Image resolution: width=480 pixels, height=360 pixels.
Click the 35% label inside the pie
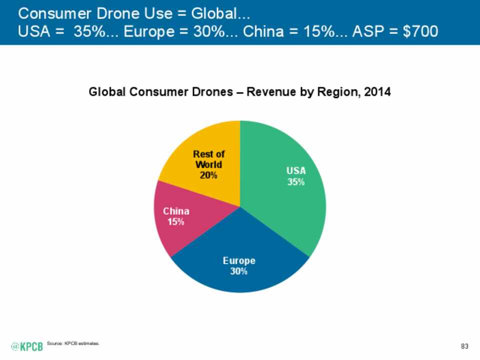click(x=296, y=182)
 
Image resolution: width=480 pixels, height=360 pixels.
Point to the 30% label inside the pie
click(x=239, y=271)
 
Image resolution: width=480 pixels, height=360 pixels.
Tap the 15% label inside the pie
click(x=175, y=221)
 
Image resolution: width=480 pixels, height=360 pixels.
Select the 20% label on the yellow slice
click(x=208, y=175)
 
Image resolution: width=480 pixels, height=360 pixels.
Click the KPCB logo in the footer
click(x=27, y=346)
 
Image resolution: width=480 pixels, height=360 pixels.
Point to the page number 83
click(x=464, y=346)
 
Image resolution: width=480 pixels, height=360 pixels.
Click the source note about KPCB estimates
click(x=73, y=343)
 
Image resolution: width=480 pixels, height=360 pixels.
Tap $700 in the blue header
click(x=420, y=31)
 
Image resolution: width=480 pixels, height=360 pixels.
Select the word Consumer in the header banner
click(x=55, y=13)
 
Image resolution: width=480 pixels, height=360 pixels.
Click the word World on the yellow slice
click(x=208, y=164)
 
